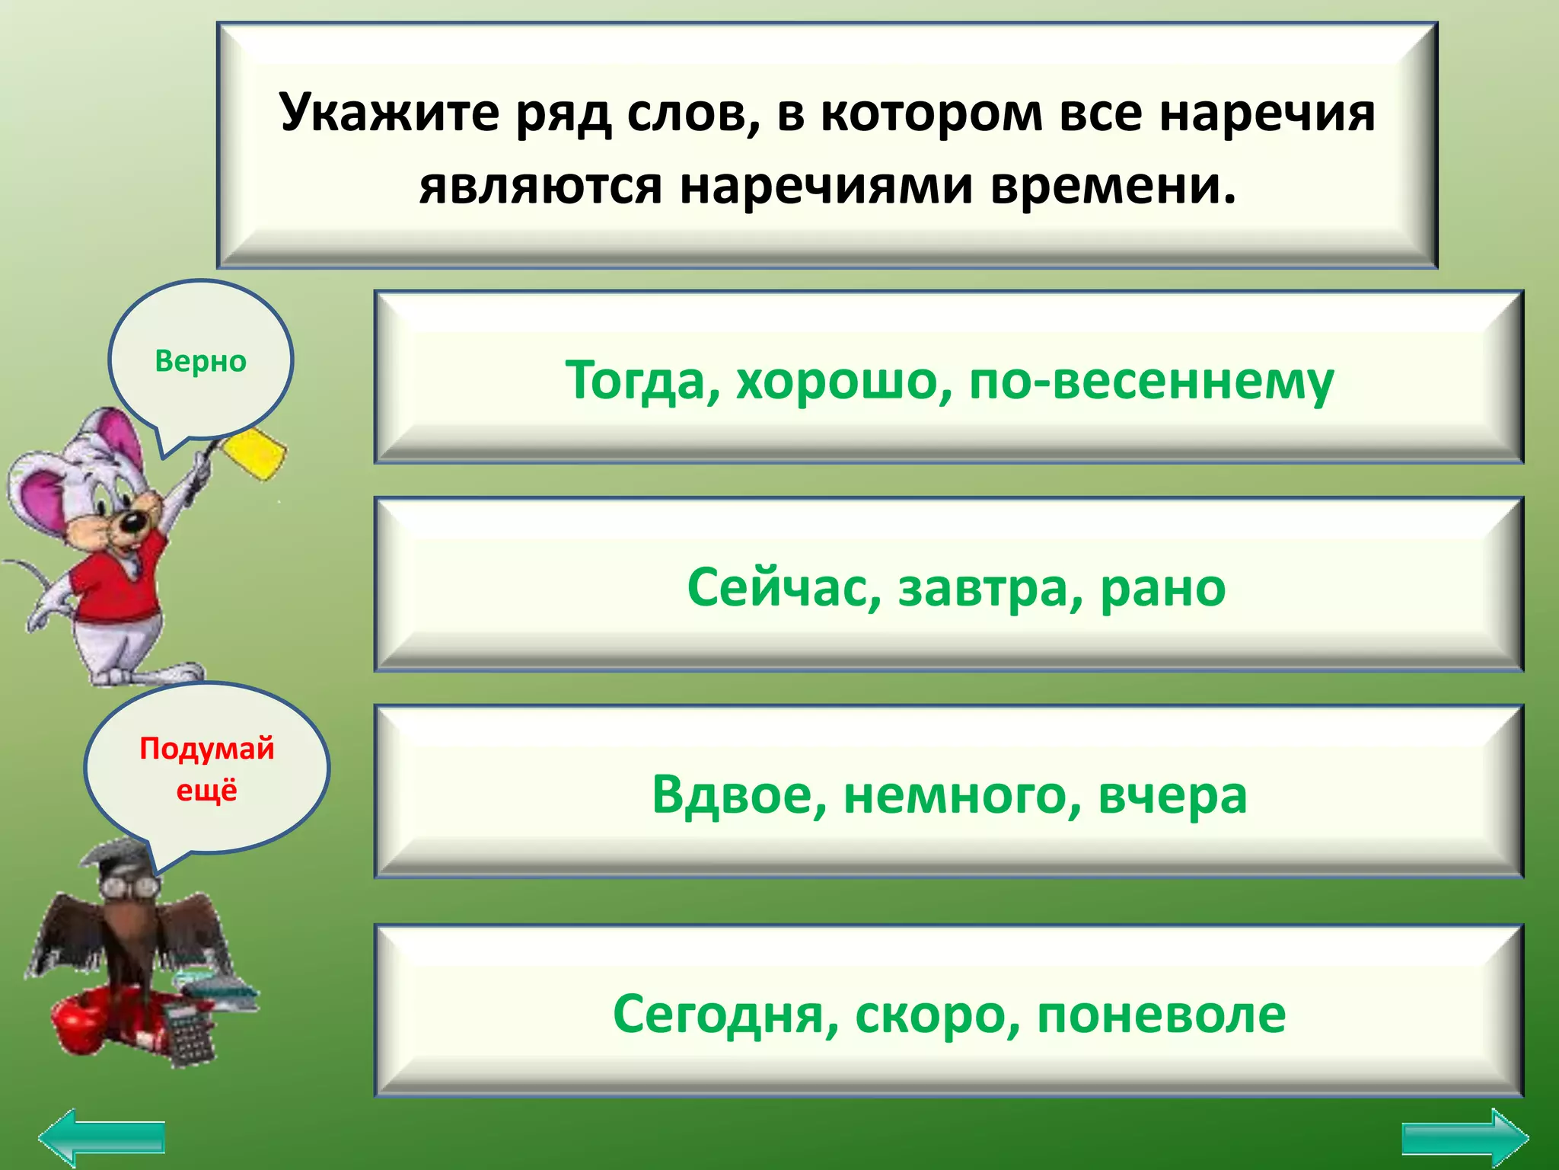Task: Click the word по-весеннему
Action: pos(1150,380)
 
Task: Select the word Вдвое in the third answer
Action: pos(738,794)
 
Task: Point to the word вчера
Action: pos(1172,794)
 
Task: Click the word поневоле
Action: pos(1161,1015)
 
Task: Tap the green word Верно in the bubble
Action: pos(200,361)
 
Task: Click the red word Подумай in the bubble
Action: pos(206,749)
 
